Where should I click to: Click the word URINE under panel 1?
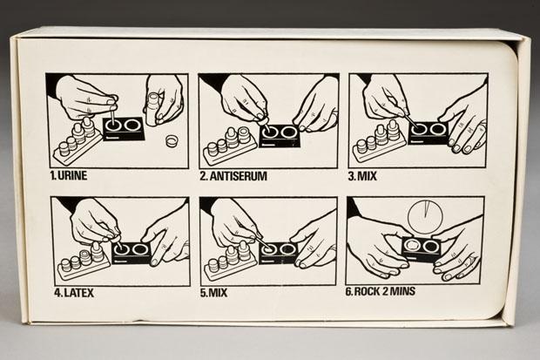click(72, 175)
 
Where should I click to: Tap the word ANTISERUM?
click(239, 176)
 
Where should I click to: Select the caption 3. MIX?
click(362, 176)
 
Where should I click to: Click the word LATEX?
click(79, 293)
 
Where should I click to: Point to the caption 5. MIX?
click(213, 293)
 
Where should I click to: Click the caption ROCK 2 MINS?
click(385, 291)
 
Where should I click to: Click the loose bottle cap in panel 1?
click(172, 140)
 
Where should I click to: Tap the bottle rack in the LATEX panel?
click(84, 262)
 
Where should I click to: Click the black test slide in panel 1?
click(124, 129)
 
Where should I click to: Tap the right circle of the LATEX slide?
click(139, 249)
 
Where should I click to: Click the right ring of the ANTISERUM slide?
click(288, 132)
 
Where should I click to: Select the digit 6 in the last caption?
click(348, 292)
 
